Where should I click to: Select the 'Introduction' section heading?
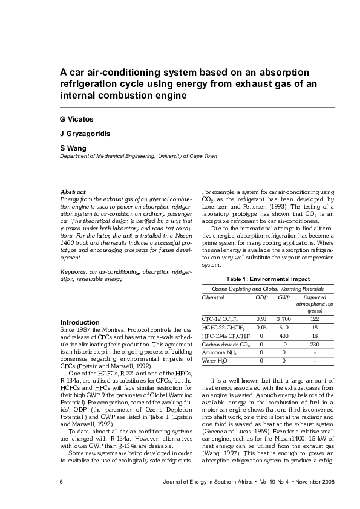(80, 322)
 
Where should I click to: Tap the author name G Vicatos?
(76, 119)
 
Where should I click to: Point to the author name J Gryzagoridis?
(84, 133)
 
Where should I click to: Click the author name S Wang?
(72, 148)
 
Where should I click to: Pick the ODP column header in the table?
(261, 297)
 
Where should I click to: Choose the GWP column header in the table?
(283, 297)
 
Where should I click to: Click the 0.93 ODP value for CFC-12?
(261, 319)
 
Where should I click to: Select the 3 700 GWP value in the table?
(283, 319)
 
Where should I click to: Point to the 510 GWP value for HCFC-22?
(283, 327)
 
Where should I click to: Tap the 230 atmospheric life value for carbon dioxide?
(315, 343)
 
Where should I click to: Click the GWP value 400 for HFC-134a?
(283, 335)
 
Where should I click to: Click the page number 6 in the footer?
(61, 482)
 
